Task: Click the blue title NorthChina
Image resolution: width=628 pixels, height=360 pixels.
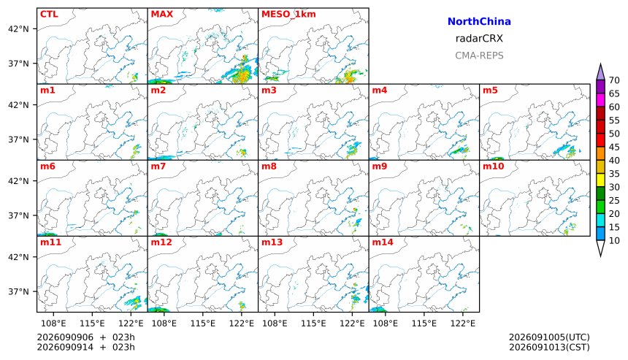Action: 479,22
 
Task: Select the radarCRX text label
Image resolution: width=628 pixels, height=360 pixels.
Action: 479,39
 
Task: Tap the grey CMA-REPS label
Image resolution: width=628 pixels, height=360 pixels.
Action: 479,55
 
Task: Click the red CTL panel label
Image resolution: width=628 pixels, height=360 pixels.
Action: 49,14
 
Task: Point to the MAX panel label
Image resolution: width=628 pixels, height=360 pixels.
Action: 162,14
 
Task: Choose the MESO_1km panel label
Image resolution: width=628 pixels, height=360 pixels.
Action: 288,15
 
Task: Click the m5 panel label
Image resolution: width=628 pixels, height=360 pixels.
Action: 490,90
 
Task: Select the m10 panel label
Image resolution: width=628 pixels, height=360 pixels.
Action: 493,166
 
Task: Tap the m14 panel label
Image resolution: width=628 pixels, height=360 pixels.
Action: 383,242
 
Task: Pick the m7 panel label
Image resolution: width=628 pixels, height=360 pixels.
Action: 158,166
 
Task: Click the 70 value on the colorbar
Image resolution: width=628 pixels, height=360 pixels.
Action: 614,80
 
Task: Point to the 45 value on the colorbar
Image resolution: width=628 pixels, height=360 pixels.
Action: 614,147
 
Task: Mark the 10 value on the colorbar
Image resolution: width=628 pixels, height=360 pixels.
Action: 614,241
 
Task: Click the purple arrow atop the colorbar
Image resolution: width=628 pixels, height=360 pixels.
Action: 600,72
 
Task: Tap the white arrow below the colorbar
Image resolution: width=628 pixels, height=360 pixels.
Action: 600,248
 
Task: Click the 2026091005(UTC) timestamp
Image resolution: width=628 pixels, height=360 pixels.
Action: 549,337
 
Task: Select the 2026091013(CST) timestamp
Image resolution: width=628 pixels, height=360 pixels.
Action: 549,347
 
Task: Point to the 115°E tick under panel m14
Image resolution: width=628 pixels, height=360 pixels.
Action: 424,323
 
